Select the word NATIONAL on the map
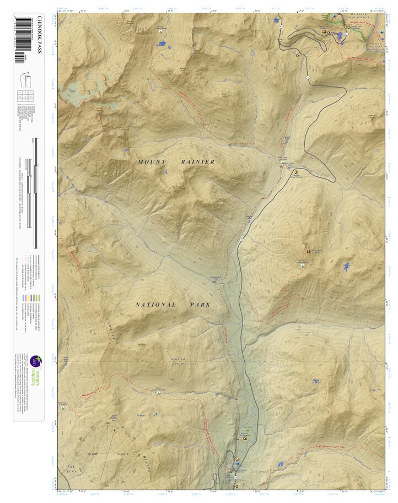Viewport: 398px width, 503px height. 155,305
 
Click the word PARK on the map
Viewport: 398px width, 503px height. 199,305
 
